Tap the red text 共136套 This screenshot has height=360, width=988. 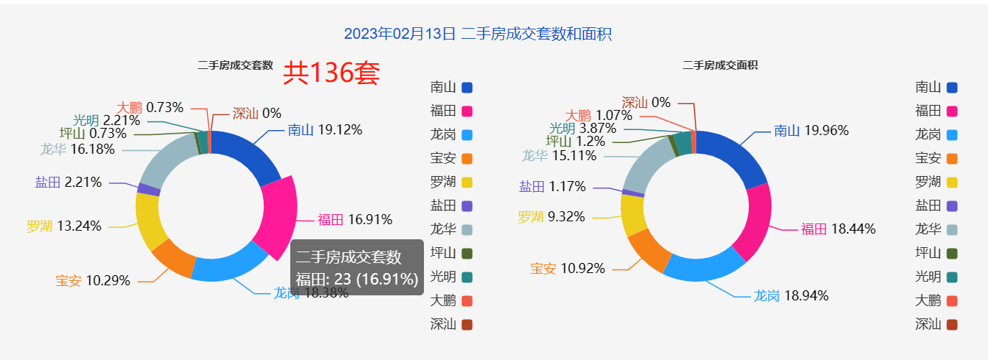coord(331,73)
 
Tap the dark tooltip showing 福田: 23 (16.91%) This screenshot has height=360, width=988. coord(356,268)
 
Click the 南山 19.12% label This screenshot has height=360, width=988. coord(325,130)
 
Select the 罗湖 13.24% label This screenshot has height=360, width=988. coord(64,226)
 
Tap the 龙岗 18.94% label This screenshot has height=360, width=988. coord(790,295)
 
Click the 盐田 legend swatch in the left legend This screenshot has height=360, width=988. coord(466,206)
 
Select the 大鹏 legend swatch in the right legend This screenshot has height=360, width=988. coord(952,300)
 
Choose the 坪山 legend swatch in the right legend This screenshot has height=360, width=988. coord(952,253)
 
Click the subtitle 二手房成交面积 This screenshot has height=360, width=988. coord(720,65)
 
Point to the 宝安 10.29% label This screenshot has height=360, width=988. coord(93,281)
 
